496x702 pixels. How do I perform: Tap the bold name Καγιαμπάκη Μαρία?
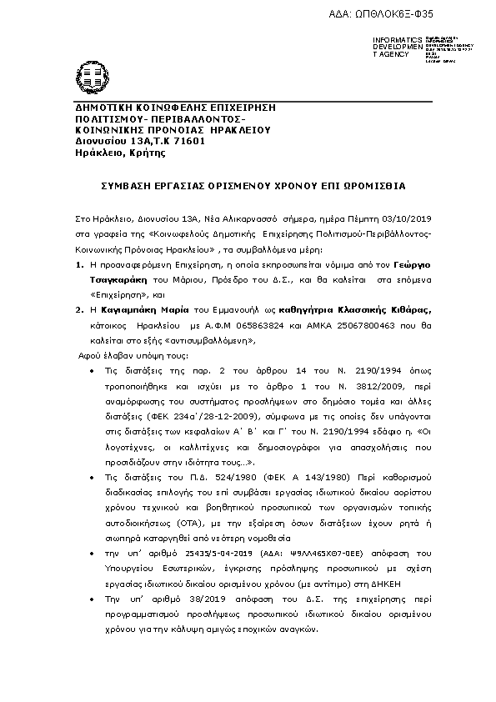(144, 310)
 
